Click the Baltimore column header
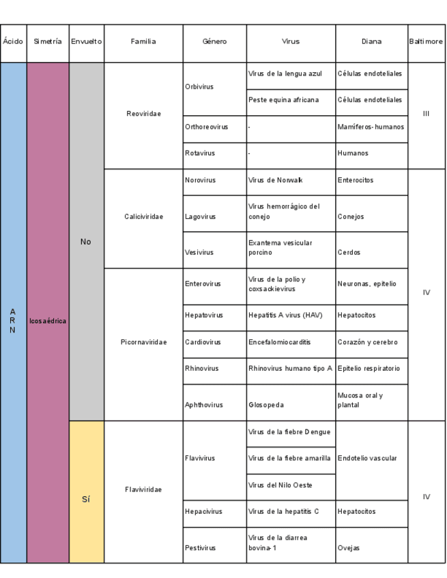426,42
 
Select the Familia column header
143,42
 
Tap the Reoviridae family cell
143,114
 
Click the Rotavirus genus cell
214,153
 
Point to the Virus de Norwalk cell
290,180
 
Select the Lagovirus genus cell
214,217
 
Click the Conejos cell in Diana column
371,217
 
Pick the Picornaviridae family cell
143,342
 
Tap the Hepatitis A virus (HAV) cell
290,316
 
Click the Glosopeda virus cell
290,405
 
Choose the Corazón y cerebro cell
371,342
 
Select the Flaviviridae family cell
143,489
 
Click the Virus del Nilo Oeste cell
290,485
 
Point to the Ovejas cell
371,548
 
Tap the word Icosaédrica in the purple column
48,320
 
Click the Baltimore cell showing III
426,114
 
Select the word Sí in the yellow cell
86,499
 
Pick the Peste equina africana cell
290,100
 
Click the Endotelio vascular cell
371,458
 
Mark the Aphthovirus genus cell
214,405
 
